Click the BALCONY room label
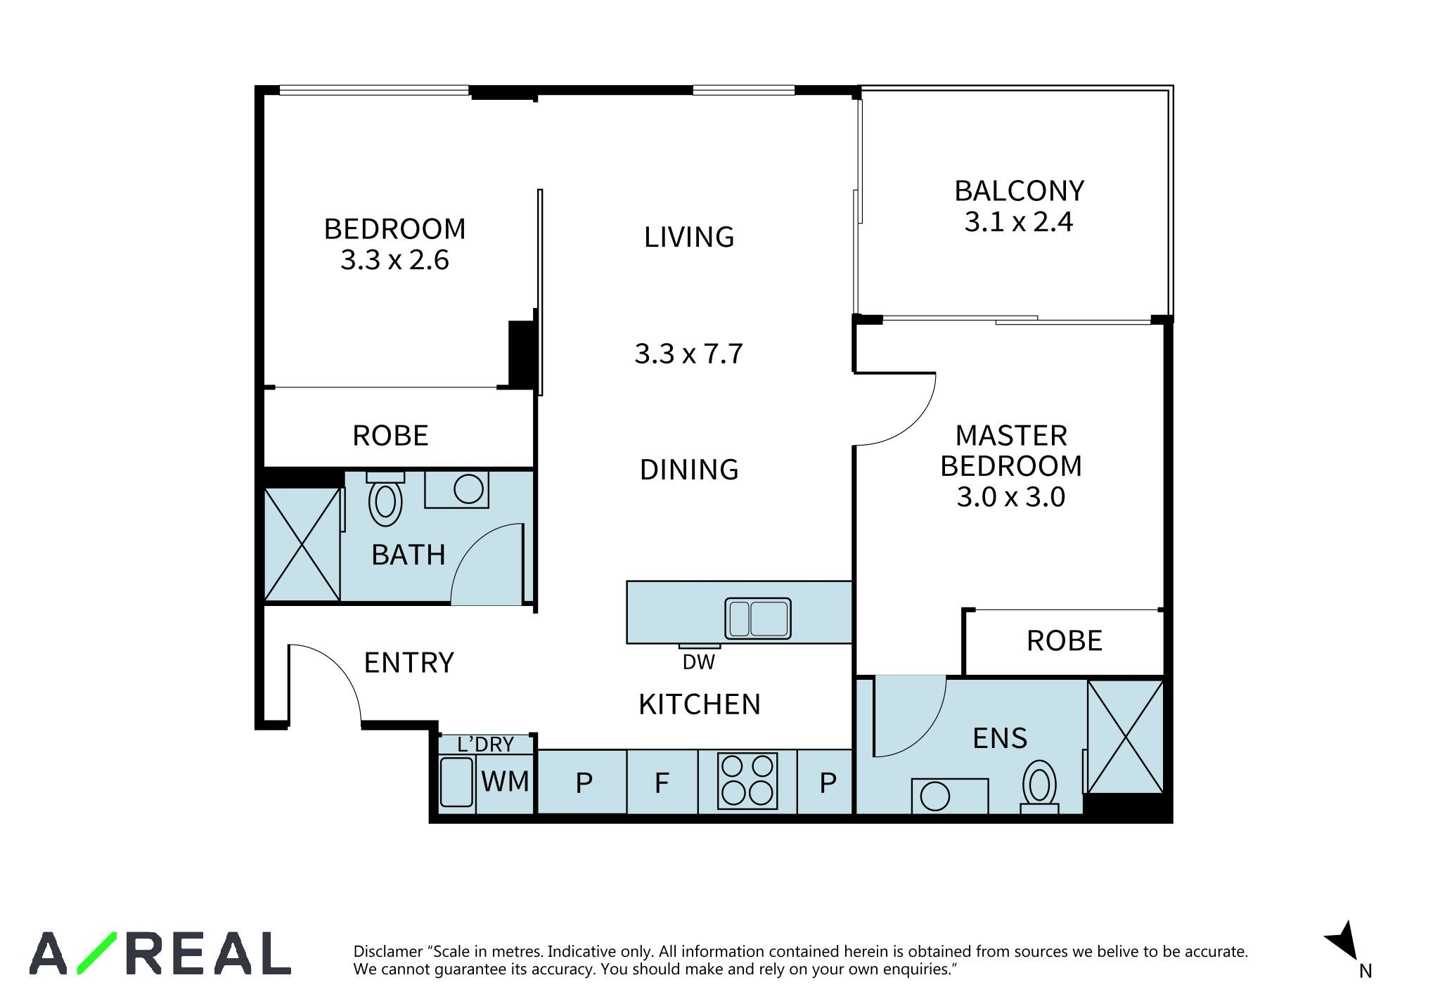[1019, 191]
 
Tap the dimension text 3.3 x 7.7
[688, 353]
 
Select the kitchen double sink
[758, 619]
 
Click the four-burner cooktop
[747, 780]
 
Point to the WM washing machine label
[506, 781]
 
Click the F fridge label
[662, 782]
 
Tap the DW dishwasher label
[698, 662]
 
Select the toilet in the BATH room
[385, 499]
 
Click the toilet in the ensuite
[1040, 787]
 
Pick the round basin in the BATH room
[468, 489]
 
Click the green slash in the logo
[96, 953]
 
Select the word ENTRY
[409, 662]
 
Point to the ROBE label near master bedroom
[1065, 640]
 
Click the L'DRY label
[485, 744]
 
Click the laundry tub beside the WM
[456, 782]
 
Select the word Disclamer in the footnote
[388, 952]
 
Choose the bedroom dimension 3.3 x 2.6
[394, 259]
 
